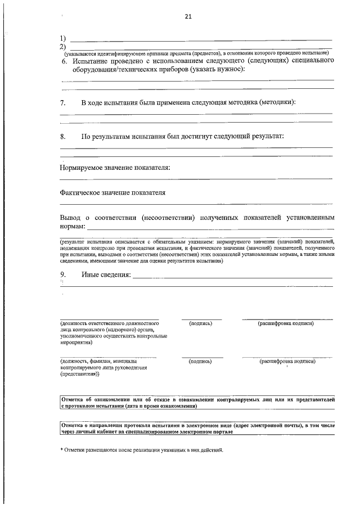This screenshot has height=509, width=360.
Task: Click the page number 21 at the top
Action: tap(188, 16)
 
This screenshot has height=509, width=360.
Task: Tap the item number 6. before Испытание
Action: tap(65, 60)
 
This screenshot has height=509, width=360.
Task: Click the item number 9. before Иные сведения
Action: tap(64, 274)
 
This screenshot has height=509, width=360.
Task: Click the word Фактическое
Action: tap(82, 193)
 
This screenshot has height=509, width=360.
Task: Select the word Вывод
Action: tap(70, 218)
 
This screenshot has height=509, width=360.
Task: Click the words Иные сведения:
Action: tap(106, 274)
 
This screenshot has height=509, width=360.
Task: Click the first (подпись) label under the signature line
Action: tap(201, 324)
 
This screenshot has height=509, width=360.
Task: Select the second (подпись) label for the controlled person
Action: tap(201, 362)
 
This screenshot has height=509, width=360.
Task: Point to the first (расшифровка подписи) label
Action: tap(286, 324)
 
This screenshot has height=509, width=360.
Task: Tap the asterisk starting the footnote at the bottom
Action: tap(62, 451)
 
